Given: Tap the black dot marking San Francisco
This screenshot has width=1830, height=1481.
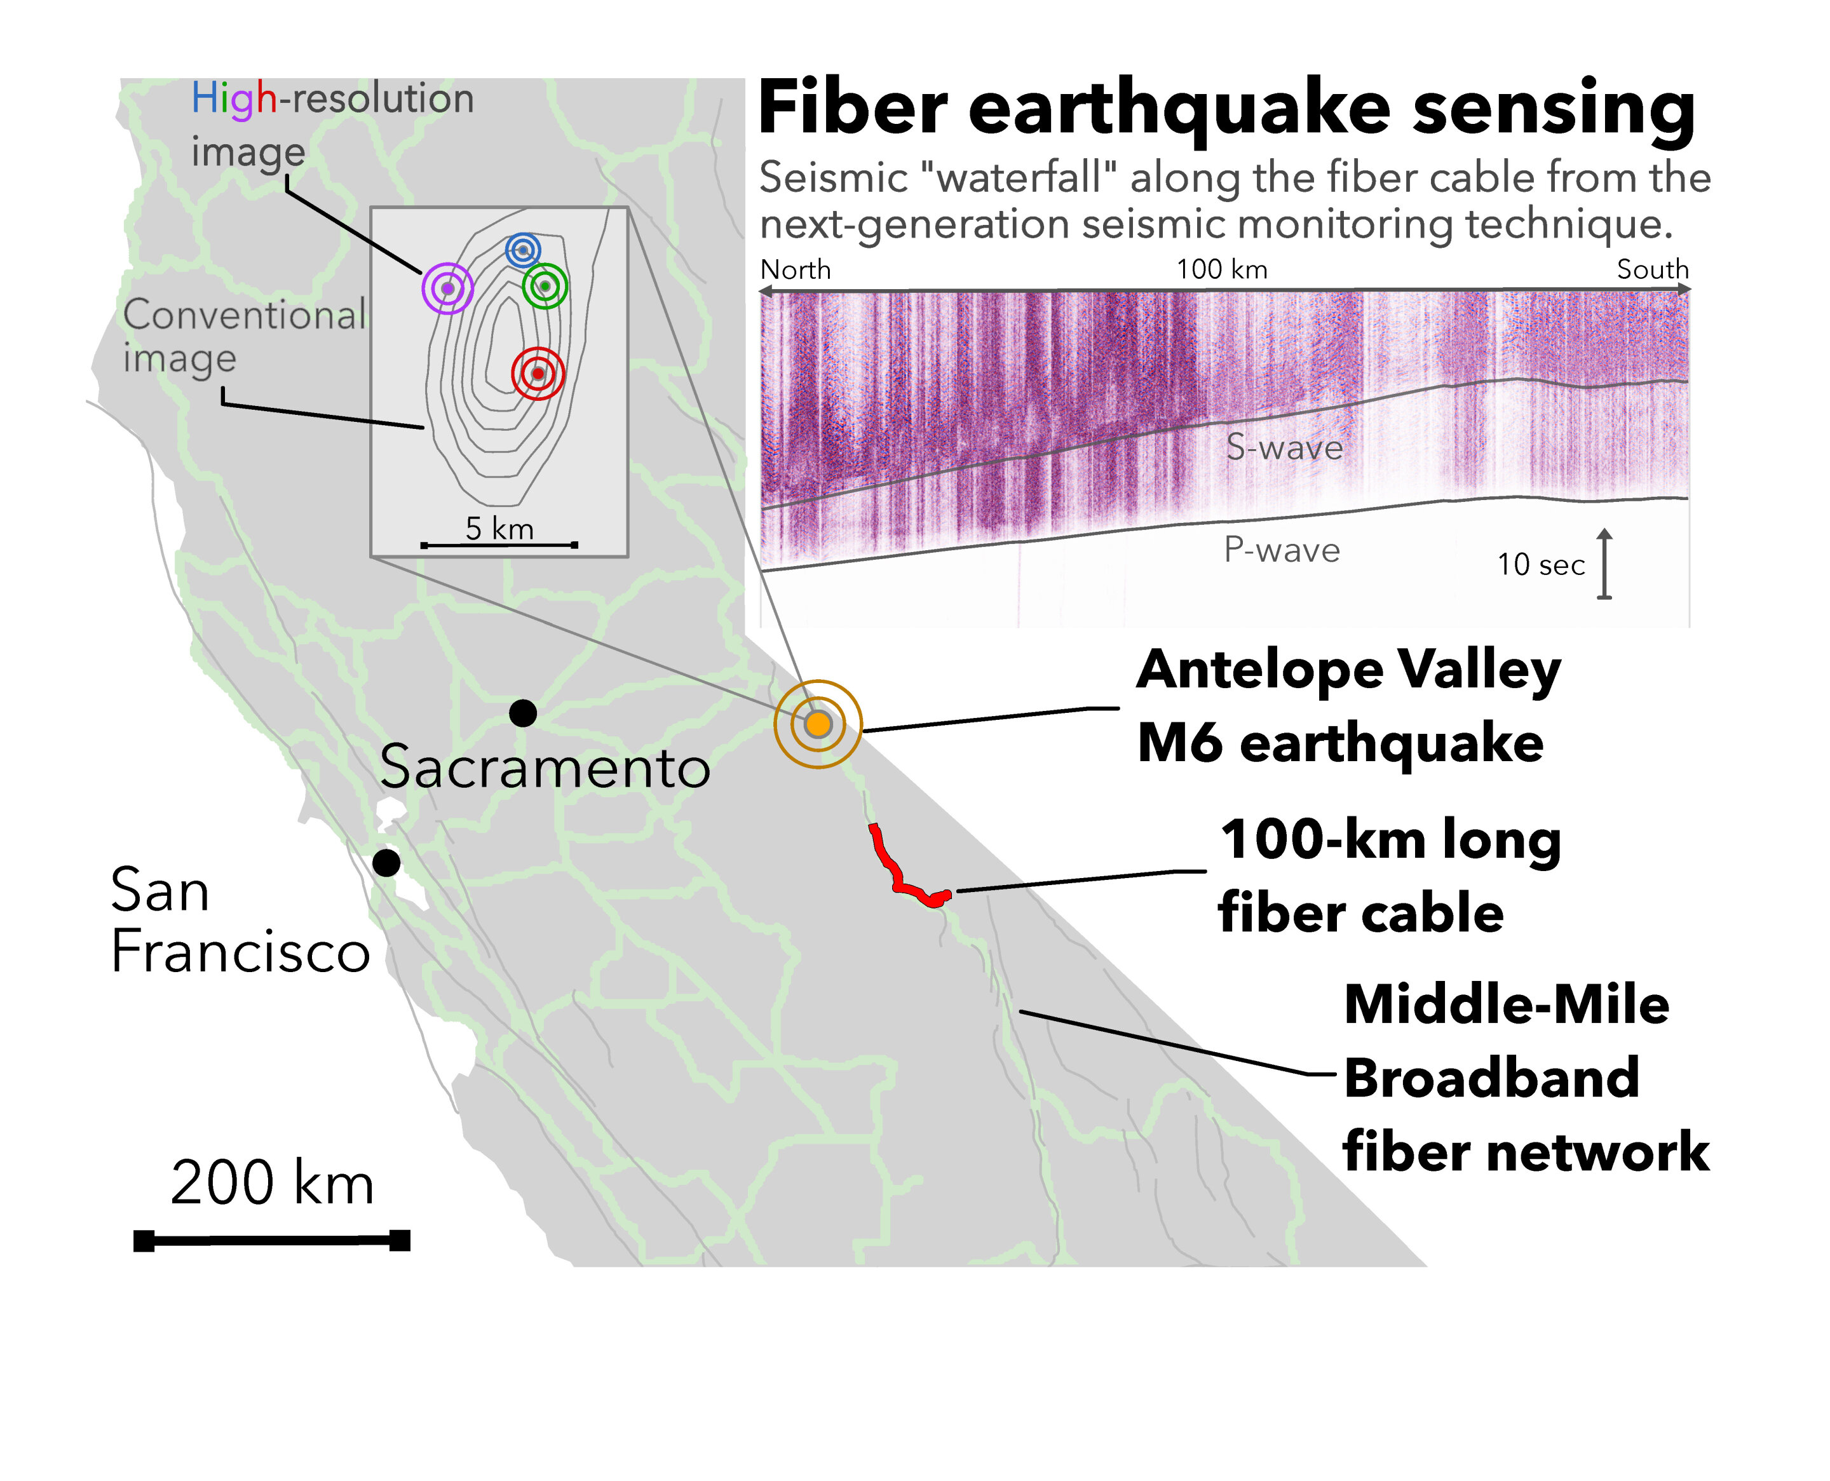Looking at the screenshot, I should [x=386, y=863].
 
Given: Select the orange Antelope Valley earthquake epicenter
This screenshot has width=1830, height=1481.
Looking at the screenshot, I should [x=818, y=724].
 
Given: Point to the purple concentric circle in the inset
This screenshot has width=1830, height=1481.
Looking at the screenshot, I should [x=447, y=288].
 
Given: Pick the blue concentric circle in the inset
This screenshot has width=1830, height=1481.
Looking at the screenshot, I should [x=523, y=250].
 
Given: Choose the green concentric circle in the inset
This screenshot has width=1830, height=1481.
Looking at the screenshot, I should [x=545, y=286].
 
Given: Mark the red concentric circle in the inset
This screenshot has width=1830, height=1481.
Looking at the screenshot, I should [x=538, y=373].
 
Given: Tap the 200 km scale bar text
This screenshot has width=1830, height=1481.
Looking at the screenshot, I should [x=272, y=1183].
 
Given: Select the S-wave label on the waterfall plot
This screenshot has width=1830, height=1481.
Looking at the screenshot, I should [x=1284, y=447].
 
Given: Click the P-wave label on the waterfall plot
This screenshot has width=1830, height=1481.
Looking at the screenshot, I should [x=1282, y=550].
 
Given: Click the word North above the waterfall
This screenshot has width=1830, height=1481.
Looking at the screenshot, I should [x=795, y=269].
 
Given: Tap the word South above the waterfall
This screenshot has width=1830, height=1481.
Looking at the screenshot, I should [x=1653, y=269].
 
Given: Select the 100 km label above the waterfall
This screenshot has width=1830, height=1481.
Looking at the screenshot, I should [x=1222, y=269].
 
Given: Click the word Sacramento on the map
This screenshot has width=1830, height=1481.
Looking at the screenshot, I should [x=545, y=767].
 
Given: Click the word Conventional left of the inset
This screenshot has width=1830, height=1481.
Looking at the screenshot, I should [x=245, y=314].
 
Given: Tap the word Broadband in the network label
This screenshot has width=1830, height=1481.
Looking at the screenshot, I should [x=1491, y=1078].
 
